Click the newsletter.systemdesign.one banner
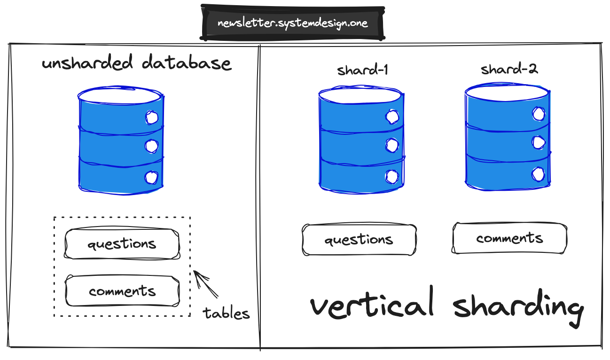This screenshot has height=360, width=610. [292, 23]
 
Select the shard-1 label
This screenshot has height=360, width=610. [362, 70]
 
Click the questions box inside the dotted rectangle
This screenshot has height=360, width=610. [122, 244]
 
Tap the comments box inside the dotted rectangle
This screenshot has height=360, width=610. [122, 291]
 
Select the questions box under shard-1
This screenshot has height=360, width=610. [359, 240]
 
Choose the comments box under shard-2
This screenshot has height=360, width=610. [509, 238]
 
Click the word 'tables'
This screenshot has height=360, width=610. [226, 313]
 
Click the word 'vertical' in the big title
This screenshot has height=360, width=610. [372, 305]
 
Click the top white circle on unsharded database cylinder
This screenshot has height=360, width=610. [151, 117]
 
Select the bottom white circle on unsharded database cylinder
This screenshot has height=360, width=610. [151, 177]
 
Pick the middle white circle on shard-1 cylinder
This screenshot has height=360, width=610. [391, 145]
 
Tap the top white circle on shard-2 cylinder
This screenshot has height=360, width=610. [538, 114]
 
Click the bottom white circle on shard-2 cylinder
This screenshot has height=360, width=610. [538, 174]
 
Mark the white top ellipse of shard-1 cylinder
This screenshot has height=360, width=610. [360, 94]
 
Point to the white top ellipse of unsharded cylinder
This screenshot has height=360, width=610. [120, 96]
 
